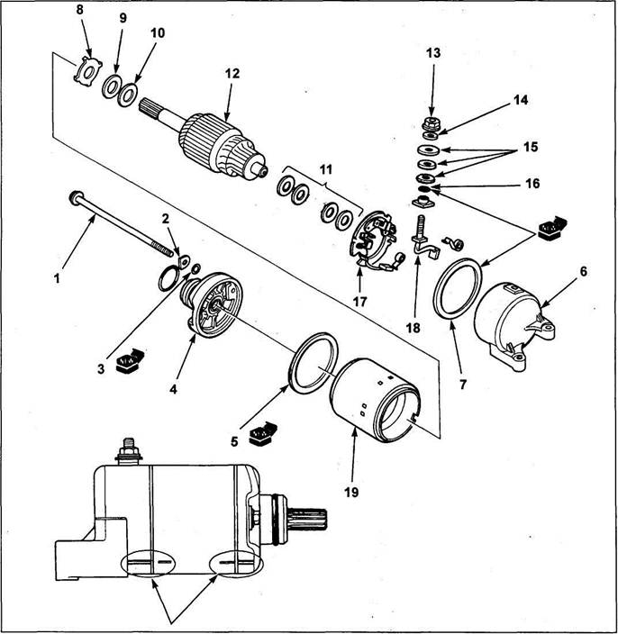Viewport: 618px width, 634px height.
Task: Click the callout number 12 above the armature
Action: (x=232, y=74)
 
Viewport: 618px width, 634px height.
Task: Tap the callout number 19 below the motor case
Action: (x=351, y=493)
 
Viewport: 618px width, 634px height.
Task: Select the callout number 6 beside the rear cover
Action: (x=583, y=271)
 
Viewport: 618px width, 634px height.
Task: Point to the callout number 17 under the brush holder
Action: (x=359, y=302)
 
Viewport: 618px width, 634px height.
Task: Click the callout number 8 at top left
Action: (x=79, y=10)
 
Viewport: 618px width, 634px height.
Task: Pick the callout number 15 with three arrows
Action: (x=531, y=147)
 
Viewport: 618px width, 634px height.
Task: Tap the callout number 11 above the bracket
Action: (x=325, y=170)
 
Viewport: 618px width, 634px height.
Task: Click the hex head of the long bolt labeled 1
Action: (x=76, y=197)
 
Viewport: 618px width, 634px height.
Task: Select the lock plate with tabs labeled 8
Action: (x=87, y=71)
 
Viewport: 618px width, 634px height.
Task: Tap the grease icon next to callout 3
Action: (x=130, y=360)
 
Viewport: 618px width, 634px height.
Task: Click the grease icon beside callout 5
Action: (x=264, y=433)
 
